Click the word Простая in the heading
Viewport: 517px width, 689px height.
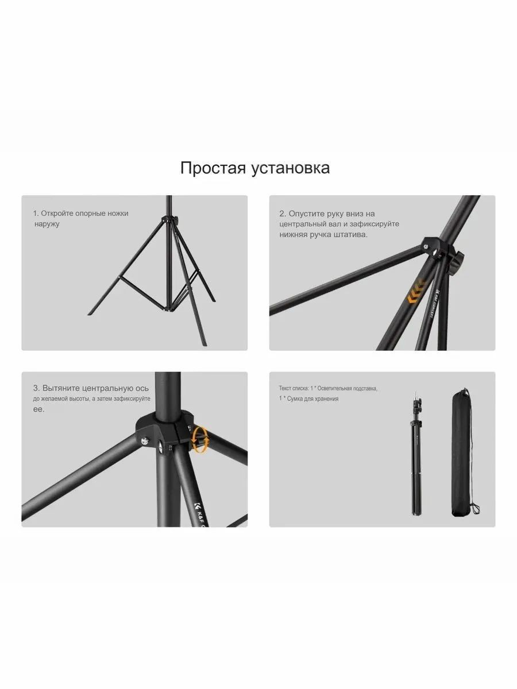[213, 168]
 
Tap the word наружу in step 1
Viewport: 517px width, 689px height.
[47, 224]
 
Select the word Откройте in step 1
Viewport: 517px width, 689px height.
[57, 213]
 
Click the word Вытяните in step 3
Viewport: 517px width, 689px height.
[61, 388]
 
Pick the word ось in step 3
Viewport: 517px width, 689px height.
[142, 388]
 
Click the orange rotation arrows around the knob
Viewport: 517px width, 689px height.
[200, 439]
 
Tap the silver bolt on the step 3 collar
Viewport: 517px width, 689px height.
[145, 442]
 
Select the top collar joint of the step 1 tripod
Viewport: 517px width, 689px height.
[169, 219]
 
